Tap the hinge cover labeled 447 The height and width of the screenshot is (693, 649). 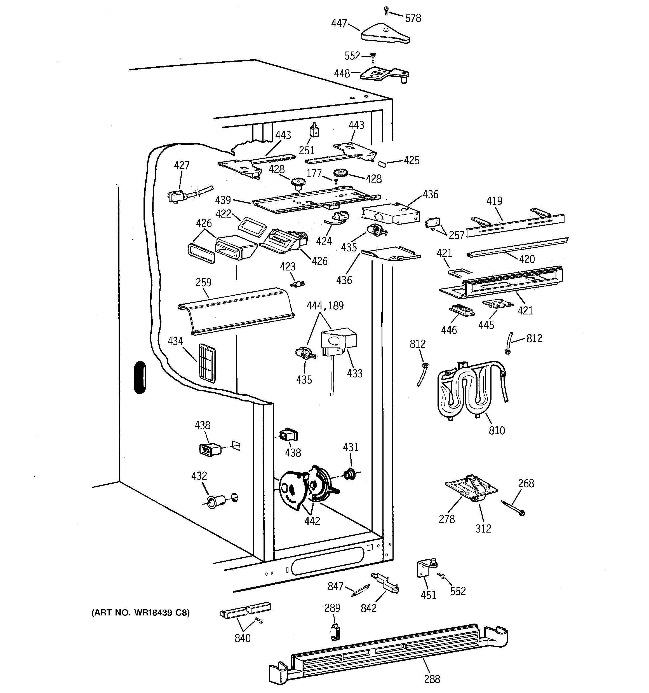(x=384, y=34)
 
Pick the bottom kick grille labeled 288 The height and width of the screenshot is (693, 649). (x=387, y=651)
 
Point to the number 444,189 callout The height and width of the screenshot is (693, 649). (x=325, y=306)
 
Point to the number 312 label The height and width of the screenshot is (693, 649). (x=483, y=528)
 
